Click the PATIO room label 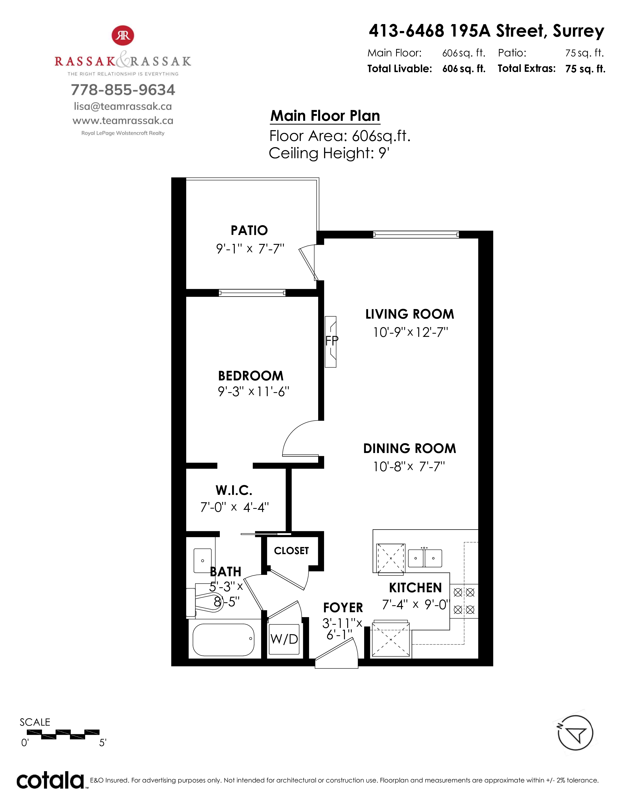(x=249, y=231)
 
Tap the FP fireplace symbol (x=330, y=342)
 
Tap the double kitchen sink (x=425, y=558)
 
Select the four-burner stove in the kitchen (x=464, y=601)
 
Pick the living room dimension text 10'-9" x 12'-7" (x=410, y=332)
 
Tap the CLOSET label (x=291, y=551)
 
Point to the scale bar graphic (x=63, y=735)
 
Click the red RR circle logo (x=123, y=35)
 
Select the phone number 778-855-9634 (x=123, y=90)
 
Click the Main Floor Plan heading (x=325, y=116)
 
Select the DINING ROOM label (x=410, y=449)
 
